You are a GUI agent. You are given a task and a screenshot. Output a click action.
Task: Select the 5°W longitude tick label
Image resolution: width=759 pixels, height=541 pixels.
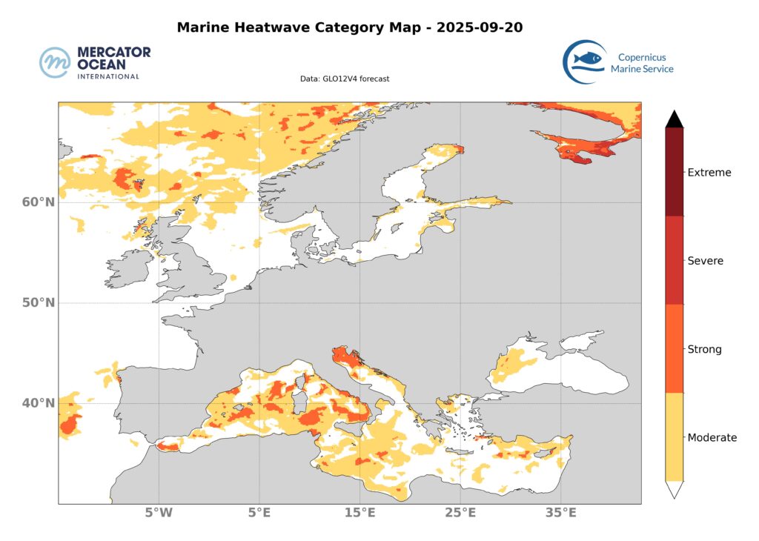click(159, 513)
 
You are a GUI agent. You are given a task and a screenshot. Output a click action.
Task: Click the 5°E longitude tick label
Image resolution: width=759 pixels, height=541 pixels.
click(259, 513)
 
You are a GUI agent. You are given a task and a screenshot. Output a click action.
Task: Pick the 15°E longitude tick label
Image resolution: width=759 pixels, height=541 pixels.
click(360, 513)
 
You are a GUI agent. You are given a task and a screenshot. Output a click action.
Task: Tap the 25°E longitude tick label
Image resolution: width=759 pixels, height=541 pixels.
click(460, 513)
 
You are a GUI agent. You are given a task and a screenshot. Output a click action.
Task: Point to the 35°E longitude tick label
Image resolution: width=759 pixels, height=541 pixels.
click(561, 513)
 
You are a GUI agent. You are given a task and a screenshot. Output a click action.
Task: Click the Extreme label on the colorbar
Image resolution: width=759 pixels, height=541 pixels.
click(709, 173)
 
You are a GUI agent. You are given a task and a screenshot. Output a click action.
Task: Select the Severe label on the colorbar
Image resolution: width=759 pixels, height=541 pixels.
click(706, 261)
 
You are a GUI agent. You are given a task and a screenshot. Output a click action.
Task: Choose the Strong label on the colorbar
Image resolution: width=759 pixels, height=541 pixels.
click(704, 349)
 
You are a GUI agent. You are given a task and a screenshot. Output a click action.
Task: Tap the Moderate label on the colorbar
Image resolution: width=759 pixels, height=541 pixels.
click(712, 437)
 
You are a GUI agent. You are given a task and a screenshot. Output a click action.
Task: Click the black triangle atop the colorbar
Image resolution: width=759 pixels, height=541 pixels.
click(674, 119)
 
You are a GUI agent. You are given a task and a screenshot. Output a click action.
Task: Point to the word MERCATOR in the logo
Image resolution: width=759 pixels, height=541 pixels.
click(114, 53)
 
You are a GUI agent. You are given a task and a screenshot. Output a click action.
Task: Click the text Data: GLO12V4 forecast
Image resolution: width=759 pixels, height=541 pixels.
click(345, 78)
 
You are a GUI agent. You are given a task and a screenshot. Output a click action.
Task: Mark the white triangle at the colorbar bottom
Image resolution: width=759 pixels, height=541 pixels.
click(674, 490)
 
